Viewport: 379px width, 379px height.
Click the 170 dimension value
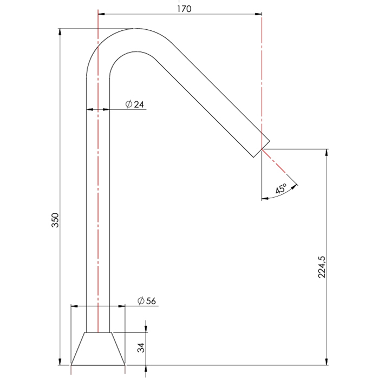pos(184,9)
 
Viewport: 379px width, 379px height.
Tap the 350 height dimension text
pos(55,220)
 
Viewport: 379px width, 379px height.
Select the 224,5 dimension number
pos(322,267)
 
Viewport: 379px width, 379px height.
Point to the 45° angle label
pos(281,188)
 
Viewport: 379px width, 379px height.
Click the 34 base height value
pos(141,348)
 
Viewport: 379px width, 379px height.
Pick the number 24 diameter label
pos(139,104)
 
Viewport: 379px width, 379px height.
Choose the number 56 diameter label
pos(151,301)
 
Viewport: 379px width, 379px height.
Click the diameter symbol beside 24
pos(129,104)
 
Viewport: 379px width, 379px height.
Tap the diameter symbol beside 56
pos(141,300)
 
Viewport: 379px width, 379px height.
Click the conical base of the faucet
pos(98,349)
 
